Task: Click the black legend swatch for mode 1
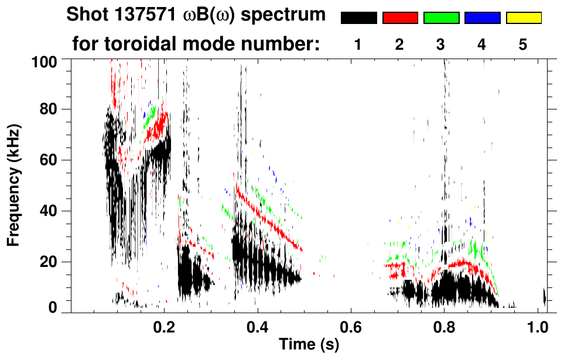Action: [358, 18]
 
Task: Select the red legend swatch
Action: [400, 18]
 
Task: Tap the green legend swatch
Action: [441, 18]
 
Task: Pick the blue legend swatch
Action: [482, 18]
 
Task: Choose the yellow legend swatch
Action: [523, 18]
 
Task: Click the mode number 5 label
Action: [523, 45]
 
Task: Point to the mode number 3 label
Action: [440, 45]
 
